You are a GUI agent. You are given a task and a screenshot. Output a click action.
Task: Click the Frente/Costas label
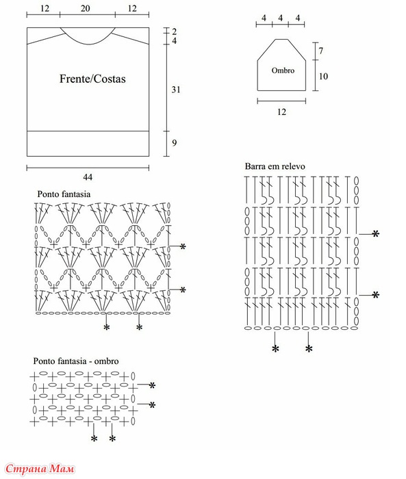[92, 79]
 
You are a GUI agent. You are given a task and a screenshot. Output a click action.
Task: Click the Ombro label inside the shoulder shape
[283, 70]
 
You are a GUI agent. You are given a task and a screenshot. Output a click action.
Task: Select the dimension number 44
[88, 177]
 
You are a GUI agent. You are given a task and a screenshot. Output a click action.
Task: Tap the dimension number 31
[176, 90]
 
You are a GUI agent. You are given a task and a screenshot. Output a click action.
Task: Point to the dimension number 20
[86, 8]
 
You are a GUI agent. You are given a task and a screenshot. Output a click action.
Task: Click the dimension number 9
[175, 142]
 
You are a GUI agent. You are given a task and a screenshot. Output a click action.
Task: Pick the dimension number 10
[323, 76]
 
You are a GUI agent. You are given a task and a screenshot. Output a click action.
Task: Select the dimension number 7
[320, 51]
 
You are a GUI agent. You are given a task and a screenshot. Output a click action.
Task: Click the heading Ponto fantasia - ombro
[76, 361]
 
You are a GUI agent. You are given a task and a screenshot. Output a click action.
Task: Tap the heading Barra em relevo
[275, 166]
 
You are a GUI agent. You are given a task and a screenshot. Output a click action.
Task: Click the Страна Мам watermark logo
[40, 469]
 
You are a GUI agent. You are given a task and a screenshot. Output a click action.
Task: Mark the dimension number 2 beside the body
[175, 31]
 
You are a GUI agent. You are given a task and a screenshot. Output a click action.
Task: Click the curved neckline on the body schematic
[88, 42]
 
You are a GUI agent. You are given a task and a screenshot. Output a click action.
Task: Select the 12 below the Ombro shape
[281, 112]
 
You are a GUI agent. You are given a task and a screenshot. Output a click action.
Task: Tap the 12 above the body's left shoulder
[45, 8]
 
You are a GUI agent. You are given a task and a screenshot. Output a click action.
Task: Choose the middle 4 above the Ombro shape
[280, 18]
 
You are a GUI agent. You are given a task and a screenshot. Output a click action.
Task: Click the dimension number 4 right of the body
[175, 40]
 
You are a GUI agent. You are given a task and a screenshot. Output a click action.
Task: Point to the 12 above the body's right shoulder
[132, 8]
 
